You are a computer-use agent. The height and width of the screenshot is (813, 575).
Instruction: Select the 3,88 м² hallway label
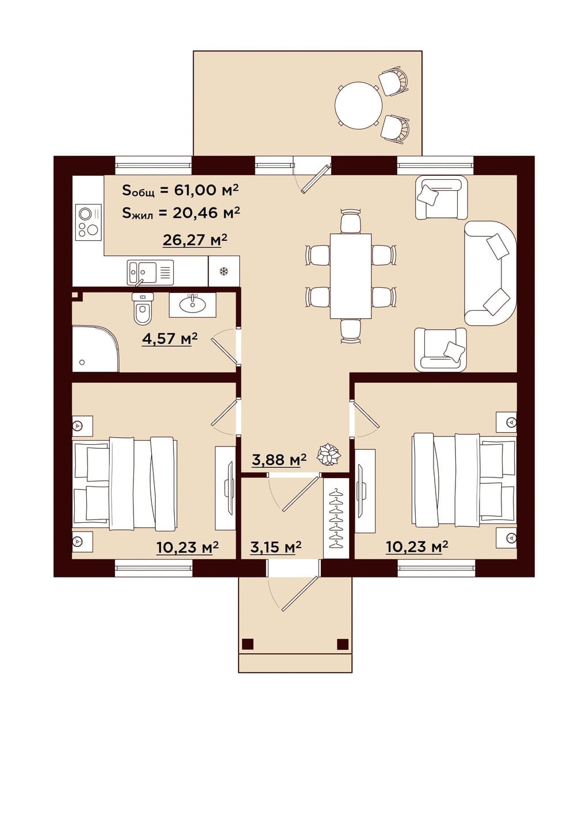pos(279,460)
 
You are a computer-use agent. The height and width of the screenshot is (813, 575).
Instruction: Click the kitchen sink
pos(150,272)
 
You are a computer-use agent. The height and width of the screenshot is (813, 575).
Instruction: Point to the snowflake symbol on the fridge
pos(224,271)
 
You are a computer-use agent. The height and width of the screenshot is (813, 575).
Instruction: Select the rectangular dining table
pos(351,276)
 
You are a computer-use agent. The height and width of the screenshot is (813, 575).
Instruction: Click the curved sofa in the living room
pos(490,273)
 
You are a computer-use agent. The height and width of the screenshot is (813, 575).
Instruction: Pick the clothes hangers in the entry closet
pos(336,518)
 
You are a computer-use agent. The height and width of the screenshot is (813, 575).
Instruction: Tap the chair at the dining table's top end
pos(351,221)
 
